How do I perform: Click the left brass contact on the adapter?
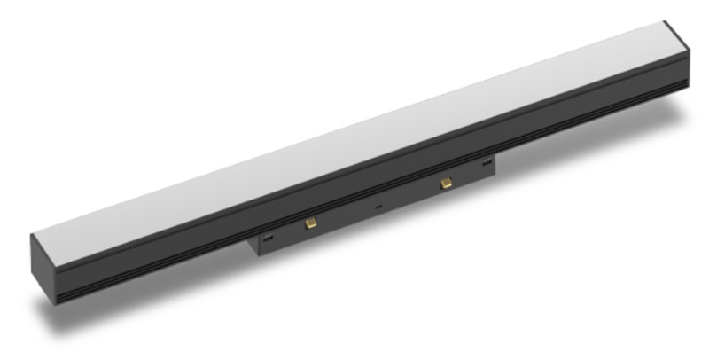[310, 223]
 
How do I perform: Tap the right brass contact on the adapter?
[445, 182]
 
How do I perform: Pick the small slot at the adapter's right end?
[487, 162]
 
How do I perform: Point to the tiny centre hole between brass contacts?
[379, 207]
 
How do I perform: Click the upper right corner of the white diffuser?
[665, 24]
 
